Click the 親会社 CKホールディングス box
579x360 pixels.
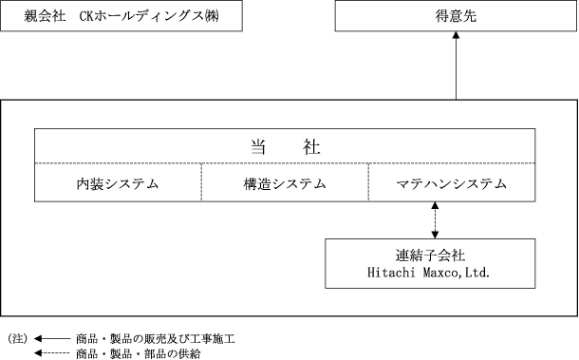[121, 15]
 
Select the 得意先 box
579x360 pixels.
[456, 15]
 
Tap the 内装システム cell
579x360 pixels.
[118, 182]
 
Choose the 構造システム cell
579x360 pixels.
[285, 182]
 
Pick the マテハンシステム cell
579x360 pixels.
[452, 182]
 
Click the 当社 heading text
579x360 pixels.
[285, 146]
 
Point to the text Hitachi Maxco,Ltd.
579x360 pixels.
[428, 273]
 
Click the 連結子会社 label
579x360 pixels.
[430, 256]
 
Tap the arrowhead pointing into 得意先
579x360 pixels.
[456, 35]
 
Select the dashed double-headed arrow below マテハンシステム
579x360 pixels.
[435, 220]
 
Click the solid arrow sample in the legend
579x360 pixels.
[52, 338]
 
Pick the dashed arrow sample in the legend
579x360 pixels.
[52, 353]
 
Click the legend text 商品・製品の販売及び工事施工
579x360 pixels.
[156, 338]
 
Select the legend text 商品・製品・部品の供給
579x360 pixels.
[138, 353]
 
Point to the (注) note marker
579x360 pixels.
[18, 338]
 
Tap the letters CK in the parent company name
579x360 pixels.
[86, 16]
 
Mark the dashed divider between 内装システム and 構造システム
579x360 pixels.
[201, 182]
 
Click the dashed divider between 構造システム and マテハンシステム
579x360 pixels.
[368, 182]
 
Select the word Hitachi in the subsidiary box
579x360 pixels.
[391, 273]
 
